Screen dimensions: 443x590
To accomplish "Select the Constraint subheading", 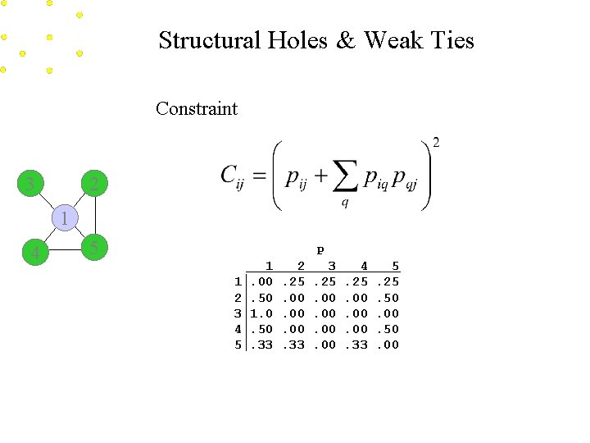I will (197, 108).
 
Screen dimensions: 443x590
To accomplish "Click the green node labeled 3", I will (31, 183).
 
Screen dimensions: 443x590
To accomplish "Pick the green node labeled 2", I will (94, 184).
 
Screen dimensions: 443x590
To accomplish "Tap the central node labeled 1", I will (64, 218).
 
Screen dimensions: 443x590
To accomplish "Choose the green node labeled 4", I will (34, 253).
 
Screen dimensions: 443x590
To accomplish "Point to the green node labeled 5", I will (95, 247).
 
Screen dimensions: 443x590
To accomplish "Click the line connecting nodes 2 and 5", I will (95, 216).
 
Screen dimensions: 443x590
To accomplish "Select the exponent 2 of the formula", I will (436, 143).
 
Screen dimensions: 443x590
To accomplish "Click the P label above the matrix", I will (320, 249).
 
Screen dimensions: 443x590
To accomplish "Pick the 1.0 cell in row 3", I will (261, 313).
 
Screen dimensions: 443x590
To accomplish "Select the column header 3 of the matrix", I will (331, 266).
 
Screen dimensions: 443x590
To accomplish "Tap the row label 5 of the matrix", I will (238, 345).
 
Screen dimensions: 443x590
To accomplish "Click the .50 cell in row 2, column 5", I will (388, 298).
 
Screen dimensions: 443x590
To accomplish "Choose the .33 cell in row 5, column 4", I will (357, 345).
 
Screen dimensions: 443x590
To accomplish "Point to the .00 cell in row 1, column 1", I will (261, 282).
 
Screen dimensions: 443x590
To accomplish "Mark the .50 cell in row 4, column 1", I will (261, 329).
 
